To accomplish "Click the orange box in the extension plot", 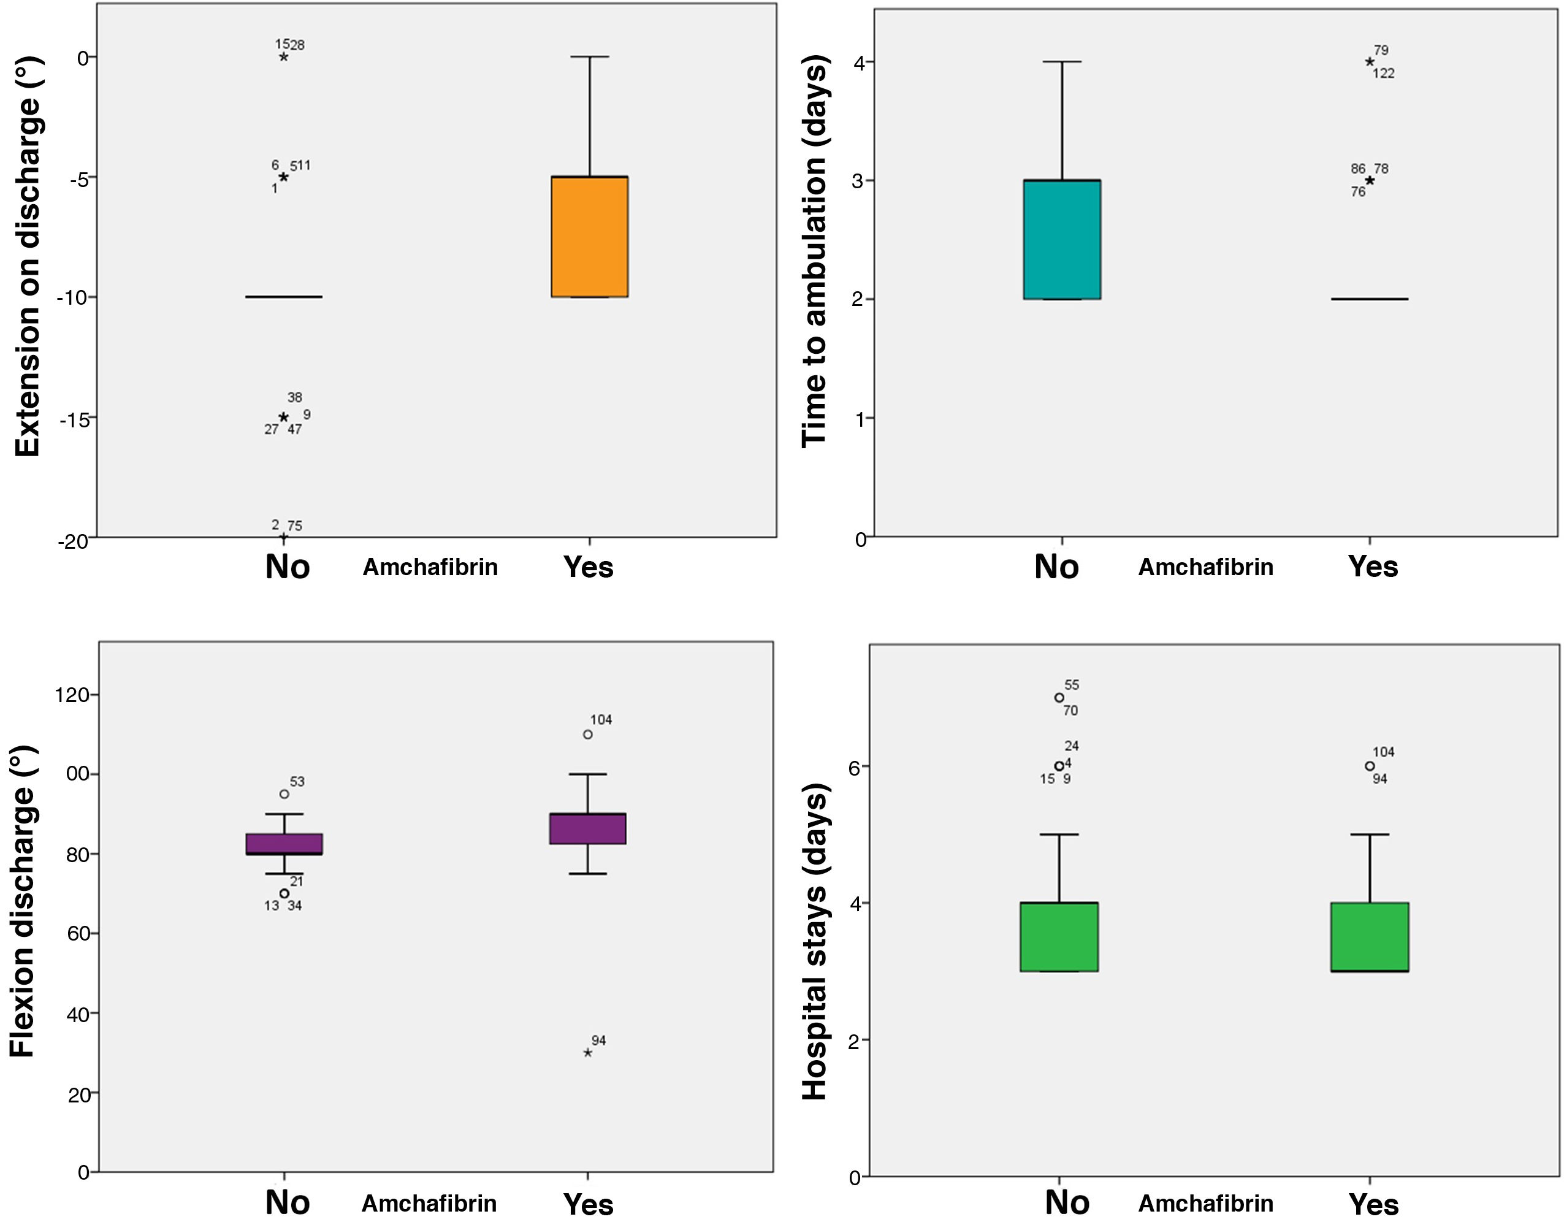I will point(589,237).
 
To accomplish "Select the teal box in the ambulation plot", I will point(1062,239).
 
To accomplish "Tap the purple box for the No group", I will point(284,844).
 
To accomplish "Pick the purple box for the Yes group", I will point(588,829).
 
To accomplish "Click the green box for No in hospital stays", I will point(1059,937).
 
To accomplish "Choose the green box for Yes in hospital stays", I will point(1369,937).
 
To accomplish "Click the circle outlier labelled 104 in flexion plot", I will point(588,734).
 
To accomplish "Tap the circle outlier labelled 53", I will point(284,793).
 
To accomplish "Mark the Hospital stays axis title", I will point(814,942).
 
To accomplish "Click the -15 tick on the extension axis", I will point(74,420).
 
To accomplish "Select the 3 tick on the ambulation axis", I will point(857,180).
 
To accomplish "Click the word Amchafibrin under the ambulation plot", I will point(1206,567).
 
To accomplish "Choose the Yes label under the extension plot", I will point(589,567).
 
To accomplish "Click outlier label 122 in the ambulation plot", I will point(1384,73).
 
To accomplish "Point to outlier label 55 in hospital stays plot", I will point(1071,685).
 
